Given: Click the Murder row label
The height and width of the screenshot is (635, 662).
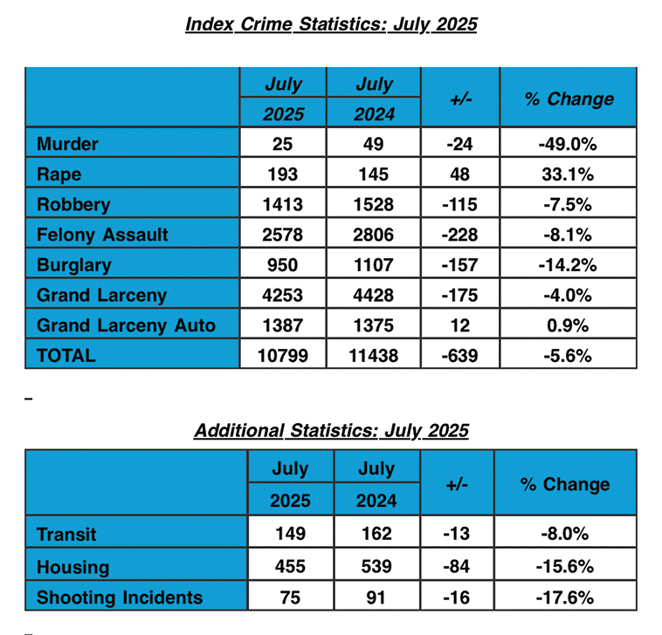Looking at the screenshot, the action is (x=67, y=144).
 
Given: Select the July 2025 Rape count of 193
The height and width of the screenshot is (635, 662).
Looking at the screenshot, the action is (x=282, y=174).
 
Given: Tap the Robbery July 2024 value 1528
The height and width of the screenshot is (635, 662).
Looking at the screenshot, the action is (x=373, y=204).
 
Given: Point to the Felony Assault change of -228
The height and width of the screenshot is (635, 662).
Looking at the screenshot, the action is (x=459, y=235).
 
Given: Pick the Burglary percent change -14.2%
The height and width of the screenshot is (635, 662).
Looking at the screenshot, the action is (x=568, y=265).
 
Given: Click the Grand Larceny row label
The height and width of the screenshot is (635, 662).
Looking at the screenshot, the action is (x=102, y=295).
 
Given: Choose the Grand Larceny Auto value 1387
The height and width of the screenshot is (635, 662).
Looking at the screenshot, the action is (x=282, y=325).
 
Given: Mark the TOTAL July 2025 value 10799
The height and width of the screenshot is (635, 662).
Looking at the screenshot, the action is (x=282, y=356).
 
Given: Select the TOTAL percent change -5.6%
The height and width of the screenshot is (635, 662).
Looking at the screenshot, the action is (x=568, y=356).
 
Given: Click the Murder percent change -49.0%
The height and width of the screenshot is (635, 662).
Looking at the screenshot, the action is (x=568, y=144).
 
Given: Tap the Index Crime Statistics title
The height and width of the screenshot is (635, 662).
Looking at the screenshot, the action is (x=331, y=24).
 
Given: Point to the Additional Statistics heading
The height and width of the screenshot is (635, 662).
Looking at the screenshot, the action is (x=331, y=431).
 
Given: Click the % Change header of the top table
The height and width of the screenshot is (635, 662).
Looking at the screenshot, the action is (x=569, y=99).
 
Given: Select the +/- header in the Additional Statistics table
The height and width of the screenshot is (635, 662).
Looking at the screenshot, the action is (x=457, y=484).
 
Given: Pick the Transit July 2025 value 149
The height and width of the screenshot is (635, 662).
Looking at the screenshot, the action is (x=291, y=534).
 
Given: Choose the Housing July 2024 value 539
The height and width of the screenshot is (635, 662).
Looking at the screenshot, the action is (x=376, y=566).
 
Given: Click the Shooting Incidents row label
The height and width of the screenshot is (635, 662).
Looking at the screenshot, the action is (x=120, y=597).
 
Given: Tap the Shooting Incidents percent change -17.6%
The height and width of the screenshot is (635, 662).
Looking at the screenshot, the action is (x=565, y=597).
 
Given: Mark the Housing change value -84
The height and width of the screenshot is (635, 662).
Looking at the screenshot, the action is (x=457, y=566).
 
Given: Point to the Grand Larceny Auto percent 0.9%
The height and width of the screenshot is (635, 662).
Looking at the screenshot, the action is (x=568, y=325).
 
